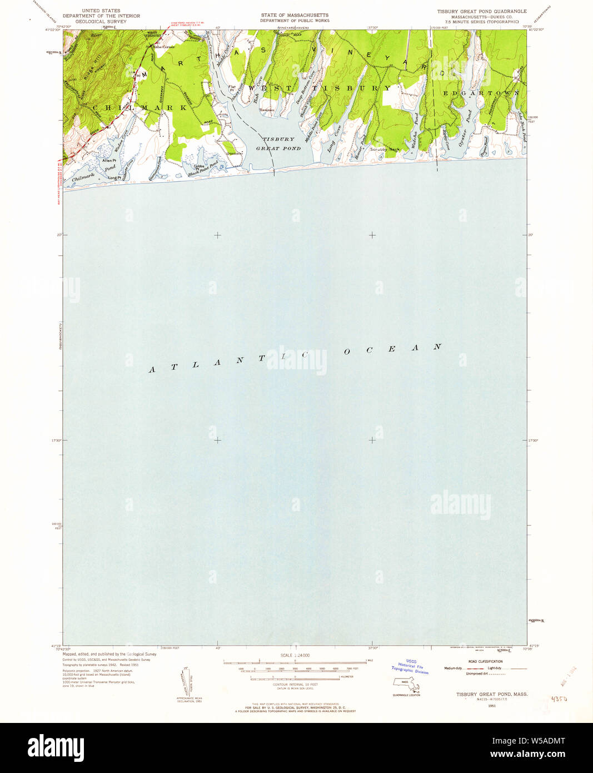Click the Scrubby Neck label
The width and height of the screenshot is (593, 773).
tap(385, 150)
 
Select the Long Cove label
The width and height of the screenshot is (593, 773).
tap(334, 138)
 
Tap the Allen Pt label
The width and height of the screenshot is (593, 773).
tap(109, 161)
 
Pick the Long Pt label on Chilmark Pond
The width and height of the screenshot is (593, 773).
tap(114, 178)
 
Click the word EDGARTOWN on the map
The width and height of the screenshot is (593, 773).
tap(481, 93)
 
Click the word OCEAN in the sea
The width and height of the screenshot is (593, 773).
tap(392, 349)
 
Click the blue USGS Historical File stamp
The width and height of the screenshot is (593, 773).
tap(411, 666)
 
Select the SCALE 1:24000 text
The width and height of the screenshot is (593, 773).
tap(295, 655)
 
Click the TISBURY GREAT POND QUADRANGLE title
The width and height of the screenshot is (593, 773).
tap(481, 11)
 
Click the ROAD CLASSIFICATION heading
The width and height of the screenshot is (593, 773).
tap(485, 662)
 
